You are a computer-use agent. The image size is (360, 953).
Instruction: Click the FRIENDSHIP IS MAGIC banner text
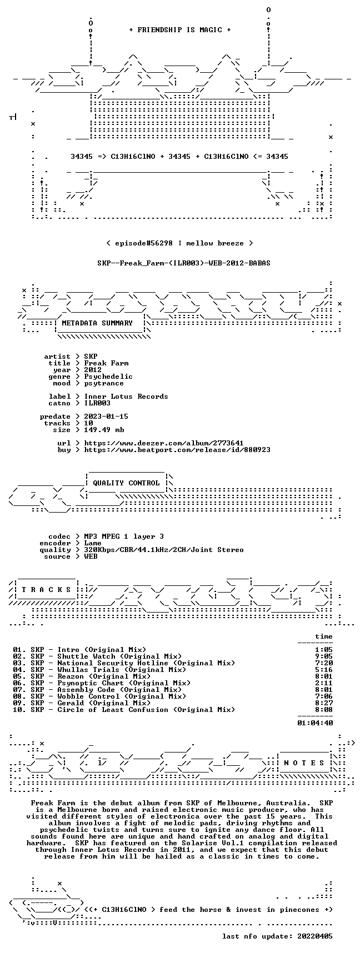pos(179,30)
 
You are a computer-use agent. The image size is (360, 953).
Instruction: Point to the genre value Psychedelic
pos(108,377)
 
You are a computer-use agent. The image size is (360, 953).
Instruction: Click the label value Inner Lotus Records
pos(126,397)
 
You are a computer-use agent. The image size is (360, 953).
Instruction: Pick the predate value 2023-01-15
pos(106,417)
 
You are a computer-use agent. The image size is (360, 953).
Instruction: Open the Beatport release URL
pos(177,450)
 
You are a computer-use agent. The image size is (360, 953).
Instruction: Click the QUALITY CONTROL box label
pos(126,483)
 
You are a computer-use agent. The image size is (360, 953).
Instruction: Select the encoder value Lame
pos(93,543)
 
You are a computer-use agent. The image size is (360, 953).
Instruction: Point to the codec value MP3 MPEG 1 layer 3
pos(124,536)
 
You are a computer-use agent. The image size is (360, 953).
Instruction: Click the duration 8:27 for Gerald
pos(324,703)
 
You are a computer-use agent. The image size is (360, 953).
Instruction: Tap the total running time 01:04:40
pos(315,723)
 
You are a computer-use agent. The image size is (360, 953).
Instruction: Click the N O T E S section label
pos(304,763)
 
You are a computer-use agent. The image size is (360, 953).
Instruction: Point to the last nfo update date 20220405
pos(315,936)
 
